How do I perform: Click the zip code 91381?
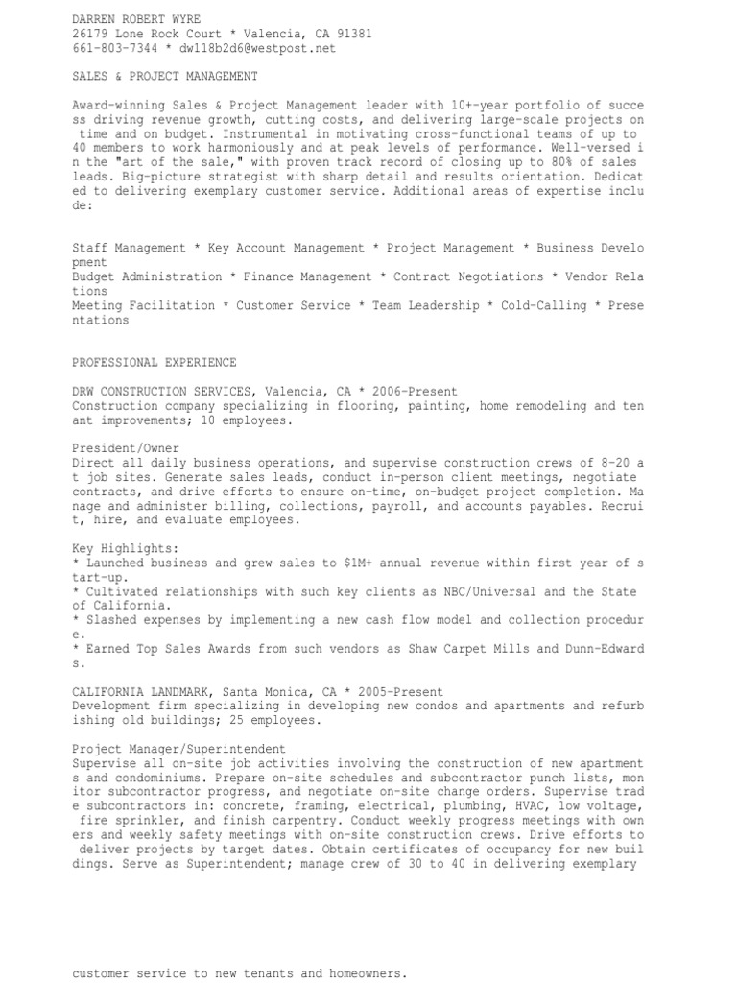352,33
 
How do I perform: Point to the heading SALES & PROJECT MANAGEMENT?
164,76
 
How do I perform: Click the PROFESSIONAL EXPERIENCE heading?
154,363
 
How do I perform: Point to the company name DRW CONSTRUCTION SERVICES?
157,392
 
